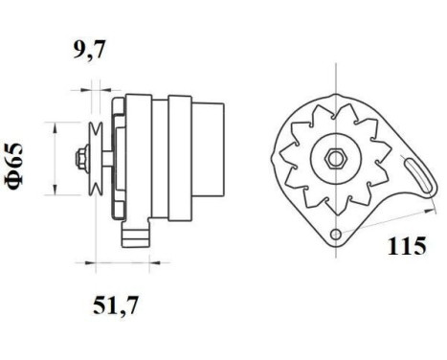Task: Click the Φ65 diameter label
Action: pyautogui.click(x=18, y=166)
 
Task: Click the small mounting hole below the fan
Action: pyautogui.click(x=335, y=235)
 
